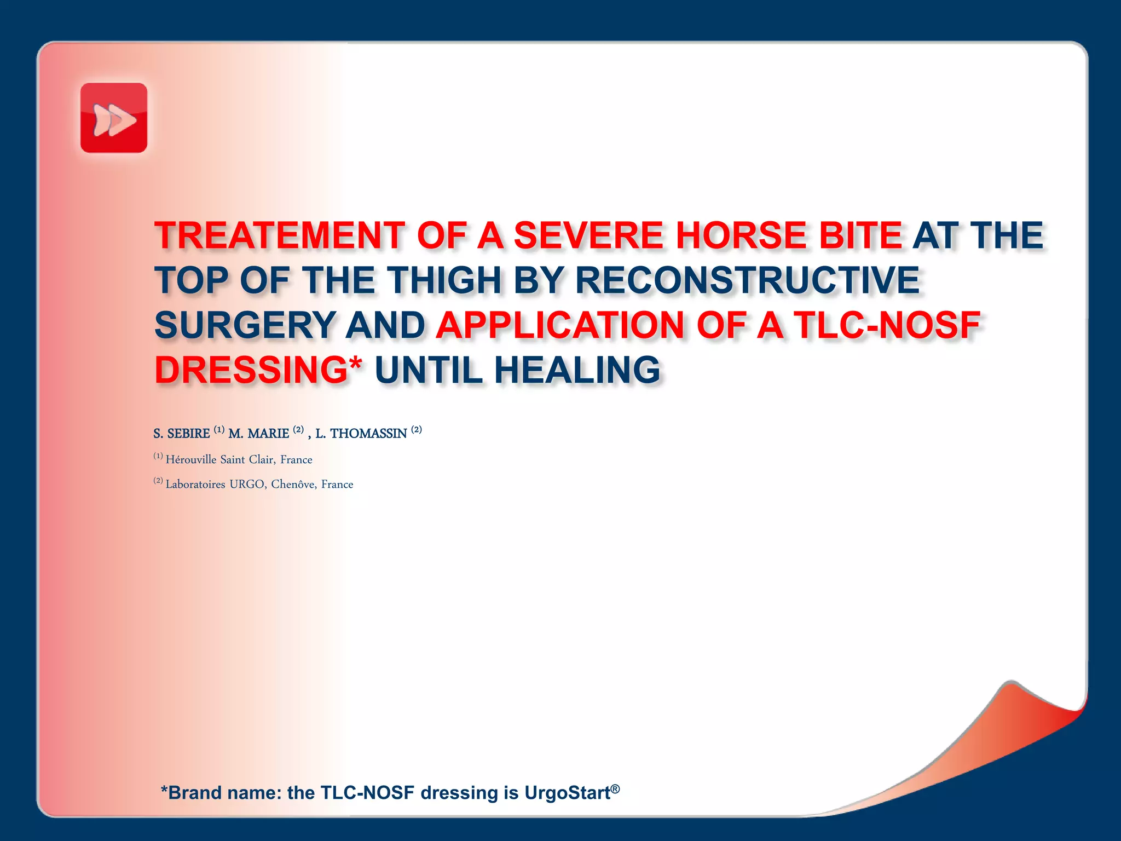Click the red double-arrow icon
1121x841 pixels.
coord(114,118)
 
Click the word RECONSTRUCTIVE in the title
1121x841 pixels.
coord(747,280)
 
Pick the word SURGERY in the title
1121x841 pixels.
coord(245,325)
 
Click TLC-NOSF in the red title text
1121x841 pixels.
coord(886,325)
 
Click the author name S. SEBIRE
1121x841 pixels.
coord(181,434)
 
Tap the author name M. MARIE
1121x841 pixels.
coord(258,434)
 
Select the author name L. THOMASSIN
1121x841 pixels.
coord(361,434)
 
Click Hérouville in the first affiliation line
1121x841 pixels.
coord(191,459)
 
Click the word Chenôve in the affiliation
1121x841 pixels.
coord(293,484)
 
